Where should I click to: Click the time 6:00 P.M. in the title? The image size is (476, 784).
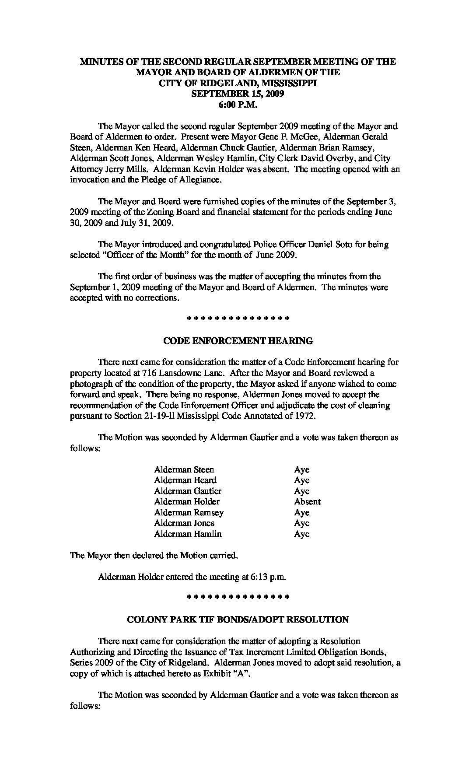pos(238,105)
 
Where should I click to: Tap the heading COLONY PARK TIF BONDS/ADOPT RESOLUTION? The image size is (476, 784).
pos(238,619)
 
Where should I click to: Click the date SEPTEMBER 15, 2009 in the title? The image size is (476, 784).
pos(238,94)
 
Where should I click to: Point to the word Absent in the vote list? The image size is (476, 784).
pos(307,502)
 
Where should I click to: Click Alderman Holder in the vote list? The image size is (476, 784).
pos(187,502)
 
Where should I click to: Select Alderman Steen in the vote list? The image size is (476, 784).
pos(184,470)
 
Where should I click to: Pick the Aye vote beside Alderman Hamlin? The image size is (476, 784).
pos(301,534)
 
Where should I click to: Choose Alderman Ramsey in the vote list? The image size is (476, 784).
pos(189,513)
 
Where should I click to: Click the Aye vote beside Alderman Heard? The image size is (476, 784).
pos(301,480)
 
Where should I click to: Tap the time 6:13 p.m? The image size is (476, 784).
pos(268,577)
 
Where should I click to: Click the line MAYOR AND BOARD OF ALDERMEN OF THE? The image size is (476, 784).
pos(238,73)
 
